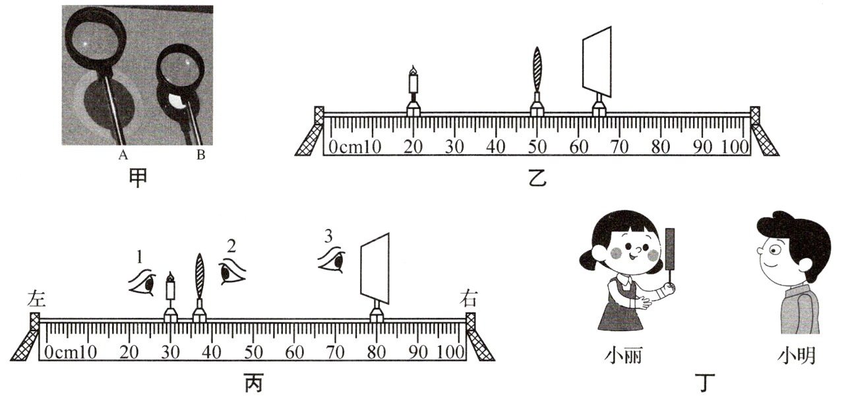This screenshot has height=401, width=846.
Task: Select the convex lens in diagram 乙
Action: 537,69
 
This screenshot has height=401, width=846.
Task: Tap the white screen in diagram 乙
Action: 597,59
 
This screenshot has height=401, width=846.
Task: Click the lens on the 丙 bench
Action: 199,277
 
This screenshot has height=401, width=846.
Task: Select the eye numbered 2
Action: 231,270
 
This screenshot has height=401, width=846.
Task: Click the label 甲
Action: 138,178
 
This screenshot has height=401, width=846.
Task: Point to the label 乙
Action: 537,178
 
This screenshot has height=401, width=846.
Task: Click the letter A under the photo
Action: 123,156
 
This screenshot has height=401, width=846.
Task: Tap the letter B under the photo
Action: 200,156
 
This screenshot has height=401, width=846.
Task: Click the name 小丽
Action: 623,357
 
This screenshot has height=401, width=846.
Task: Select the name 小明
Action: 796,357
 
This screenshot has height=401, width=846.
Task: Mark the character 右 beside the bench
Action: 469,299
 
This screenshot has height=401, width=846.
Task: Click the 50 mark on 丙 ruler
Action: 253,352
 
